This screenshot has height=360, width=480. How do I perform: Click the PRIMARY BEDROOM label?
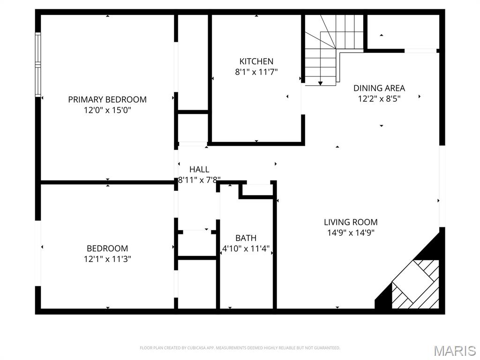pos(107,99)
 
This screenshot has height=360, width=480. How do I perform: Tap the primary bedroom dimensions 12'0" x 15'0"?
pos(107,110)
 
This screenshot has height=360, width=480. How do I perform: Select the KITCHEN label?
pos(256,61)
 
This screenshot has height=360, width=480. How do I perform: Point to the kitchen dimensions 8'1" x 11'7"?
pos(256,72)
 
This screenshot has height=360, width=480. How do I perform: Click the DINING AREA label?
pos(379,88)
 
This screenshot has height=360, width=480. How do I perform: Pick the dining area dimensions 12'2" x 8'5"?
pos(379,98)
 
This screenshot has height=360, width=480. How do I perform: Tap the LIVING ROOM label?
pos(351,222)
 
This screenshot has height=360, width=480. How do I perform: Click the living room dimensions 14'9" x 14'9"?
pos(351,232)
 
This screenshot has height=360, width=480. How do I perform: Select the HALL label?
pos(199,169)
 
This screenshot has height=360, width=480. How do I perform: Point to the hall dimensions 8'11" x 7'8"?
pos(199,180)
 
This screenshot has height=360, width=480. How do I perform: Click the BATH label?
pos(246,238)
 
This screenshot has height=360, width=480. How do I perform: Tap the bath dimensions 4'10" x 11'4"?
pos(246,248)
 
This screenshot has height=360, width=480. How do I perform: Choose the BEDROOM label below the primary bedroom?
pos(107,248)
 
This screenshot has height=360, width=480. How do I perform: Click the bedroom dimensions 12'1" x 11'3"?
pos(107,259)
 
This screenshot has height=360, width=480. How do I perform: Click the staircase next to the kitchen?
pos(328,52)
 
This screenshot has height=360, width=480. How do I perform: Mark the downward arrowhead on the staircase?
pos(320,83)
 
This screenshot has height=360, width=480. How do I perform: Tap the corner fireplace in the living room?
pos(415,284)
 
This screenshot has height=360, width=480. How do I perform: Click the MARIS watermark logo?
pos(455,351)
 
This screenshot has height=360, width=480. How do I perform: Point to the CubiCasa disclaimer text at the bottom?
pos(240,348)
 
